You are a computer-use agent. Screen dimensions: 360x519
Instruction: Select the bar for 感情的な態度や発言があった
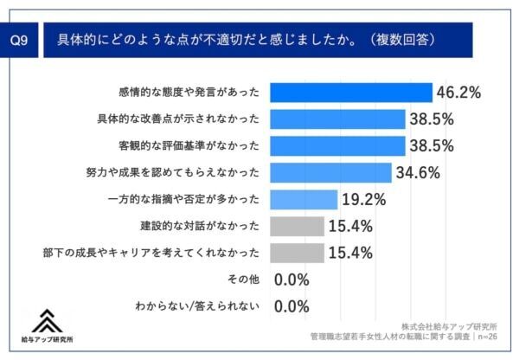pyautogui.click(x=351, y=92)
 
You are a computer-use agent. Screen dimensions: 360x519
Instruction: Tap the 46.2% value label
pyautogui.click(x=458, y=92)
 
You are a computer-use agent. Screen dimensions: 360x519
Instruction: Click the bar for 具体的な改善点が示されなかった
pyautogui.click(x=338, y=119)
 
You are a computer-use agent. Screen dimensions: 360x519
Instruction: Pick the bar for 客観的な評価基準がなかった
pyautogui.click(x=338, y=145)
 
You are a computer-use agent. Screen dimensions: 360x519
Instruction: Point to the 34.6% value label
pyautogui.click(x=418, y=172)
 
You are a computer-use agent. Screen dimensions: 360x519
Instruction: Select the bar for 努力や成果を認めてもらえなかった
pyautogui.click(x=331, y=172)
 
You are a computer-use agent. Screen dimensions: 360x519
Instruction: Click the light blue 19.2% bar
pyautogui.click(x=304, y=199)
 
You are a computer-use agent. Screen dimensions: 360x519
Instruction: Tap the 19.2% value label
pyautogui.click(x=364, y=199)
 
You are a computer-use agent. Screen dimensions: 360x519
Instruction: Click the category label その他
pyautogui.click(x=243, y=280)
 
